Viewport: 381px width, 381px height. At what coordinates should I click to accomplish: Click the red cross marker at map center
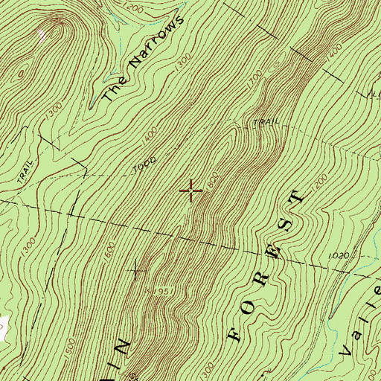[191, 191]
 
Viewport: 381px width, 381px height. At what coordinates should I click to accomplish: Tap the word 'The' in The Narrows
[110, 91]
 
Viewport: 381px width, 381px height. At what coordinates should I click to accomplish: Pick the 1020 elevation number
[337, 256]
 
